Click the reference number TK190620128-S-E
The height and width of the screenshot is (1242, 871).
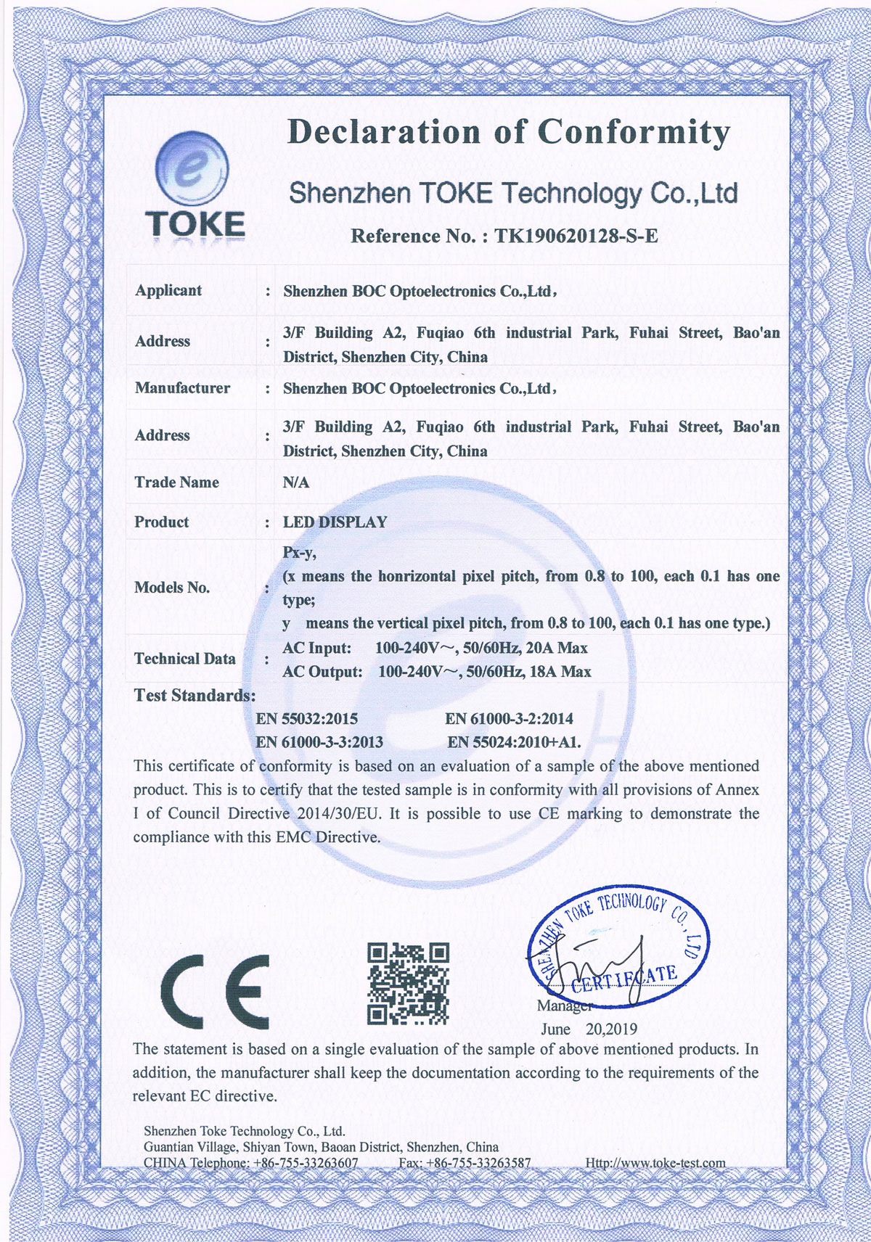(576, 236)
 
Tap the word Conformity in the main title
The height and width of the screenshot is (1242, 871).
(633, 133)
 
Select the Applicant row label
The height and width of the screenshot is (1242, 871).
(168, 290)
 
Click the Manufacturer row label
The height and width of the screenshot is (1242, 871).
(182, 388)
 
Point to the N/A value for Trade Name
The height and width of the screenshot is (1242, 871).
(296, 482)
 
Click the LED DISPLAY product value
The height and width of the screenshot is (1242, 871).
(335, 522)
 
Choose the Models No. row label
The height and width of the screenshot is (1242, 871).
(172, 588)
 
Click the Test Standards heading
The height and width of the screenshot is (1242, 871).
(195, 696)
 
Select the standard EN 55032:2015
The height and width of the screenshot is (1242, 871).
(307, 719)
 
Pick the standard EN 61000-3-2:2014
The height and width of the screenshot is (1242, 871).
(509, 719)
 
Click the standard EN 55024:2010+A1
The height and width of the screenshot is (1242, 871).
(514, 742)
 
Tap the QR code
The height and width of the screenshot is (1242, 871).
(408, 983)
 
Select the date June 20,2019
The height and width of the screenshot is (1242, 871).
(589, 1029)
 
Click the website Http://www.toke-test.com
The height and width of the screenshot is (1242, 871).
(655, 1163)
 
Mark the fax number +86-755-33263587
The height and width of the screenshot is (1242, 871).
(478, 1163)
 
